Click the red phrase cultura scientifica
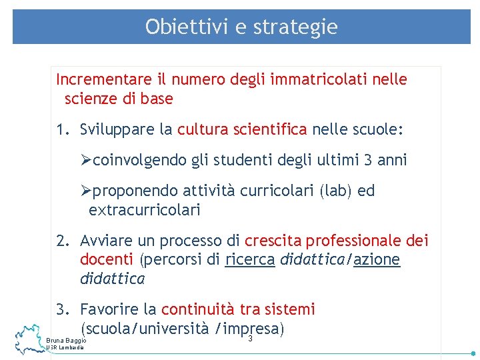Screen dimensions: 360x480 coord(242,129)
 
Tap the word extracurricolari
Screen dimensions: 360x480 coord(144,211)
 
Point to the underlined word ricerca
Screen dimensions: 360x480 coord(250,259)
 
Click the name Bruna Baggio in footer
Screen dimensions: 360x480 coord(66,341)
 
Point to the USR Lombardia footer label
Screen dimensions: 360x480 coord(65,349)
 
